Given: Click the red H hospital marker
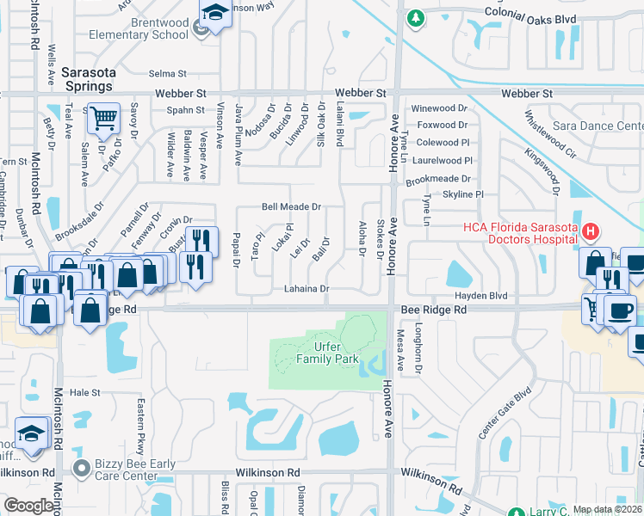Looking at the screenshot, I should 591,230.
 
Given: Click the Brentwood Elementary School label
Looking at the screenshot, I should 139,28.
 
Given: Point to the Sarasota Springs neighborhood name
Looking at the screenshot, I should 87,80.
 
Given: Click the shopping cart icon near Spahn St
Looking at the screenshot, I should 103,117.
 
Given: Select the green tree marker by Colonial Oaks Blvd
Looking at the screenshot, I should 415,17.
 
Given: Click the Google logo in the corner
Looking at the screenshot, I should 28,506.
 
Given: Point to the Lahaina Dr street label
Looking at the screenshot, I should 307,290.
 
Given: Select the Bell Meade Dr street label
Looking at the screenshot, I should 291,207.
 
